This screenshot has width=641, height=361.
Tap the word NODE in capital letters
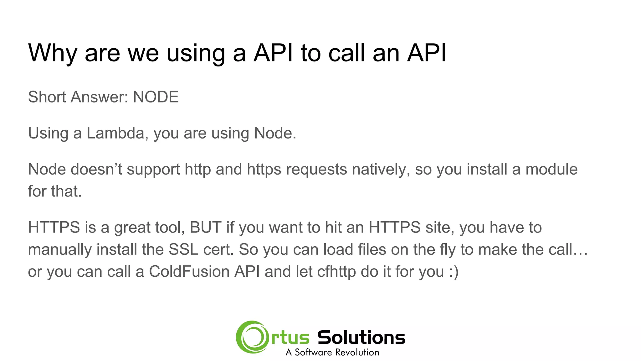156,97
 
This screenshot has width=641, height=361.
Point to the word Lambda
115,133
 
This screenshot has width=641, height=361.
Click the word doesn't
96,170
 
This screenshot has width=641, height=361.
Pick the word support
153,170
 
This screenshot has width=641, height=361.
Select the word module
551,170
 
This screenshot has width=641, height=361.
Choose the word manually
60,250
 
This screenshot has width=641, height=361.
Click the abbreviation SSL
183,250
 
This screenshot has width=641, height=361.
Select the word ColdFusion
189,272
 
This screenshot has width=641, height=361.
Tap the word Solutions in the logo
361,337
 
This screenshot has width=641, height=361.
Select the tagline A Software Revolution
332,353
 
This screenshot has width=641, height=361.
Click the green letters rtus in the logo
290,338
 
